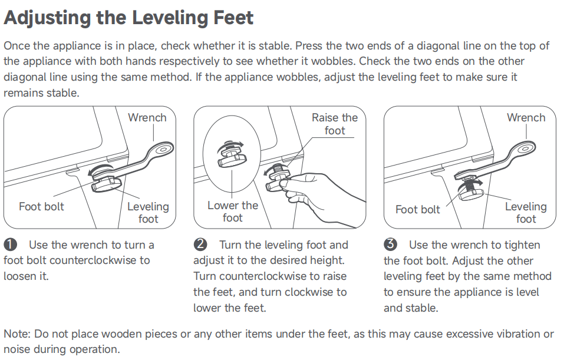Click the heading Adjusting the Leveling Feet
tap(128, 18)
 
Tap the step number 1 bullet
tap(10, 245)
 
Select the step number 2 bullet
tap(200, 245)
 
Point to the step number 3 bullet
tap(390, 245)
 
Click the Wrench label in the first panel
tap(147, 118)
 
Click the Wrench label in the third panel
tap(526, 118)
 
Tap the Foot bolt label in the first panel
tap(41, 206)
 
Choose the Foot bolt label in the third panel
tap(418, 209)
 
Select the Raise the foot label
tap(335, 124)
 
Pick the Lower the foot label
tap(232, 212)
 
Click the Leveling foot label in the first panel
tap(149, 213)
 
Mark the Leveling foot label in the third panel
tap(526, 213)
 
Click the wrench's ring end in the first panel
tap(162, 149)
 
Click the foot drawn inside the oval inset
tap(232, 156)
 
